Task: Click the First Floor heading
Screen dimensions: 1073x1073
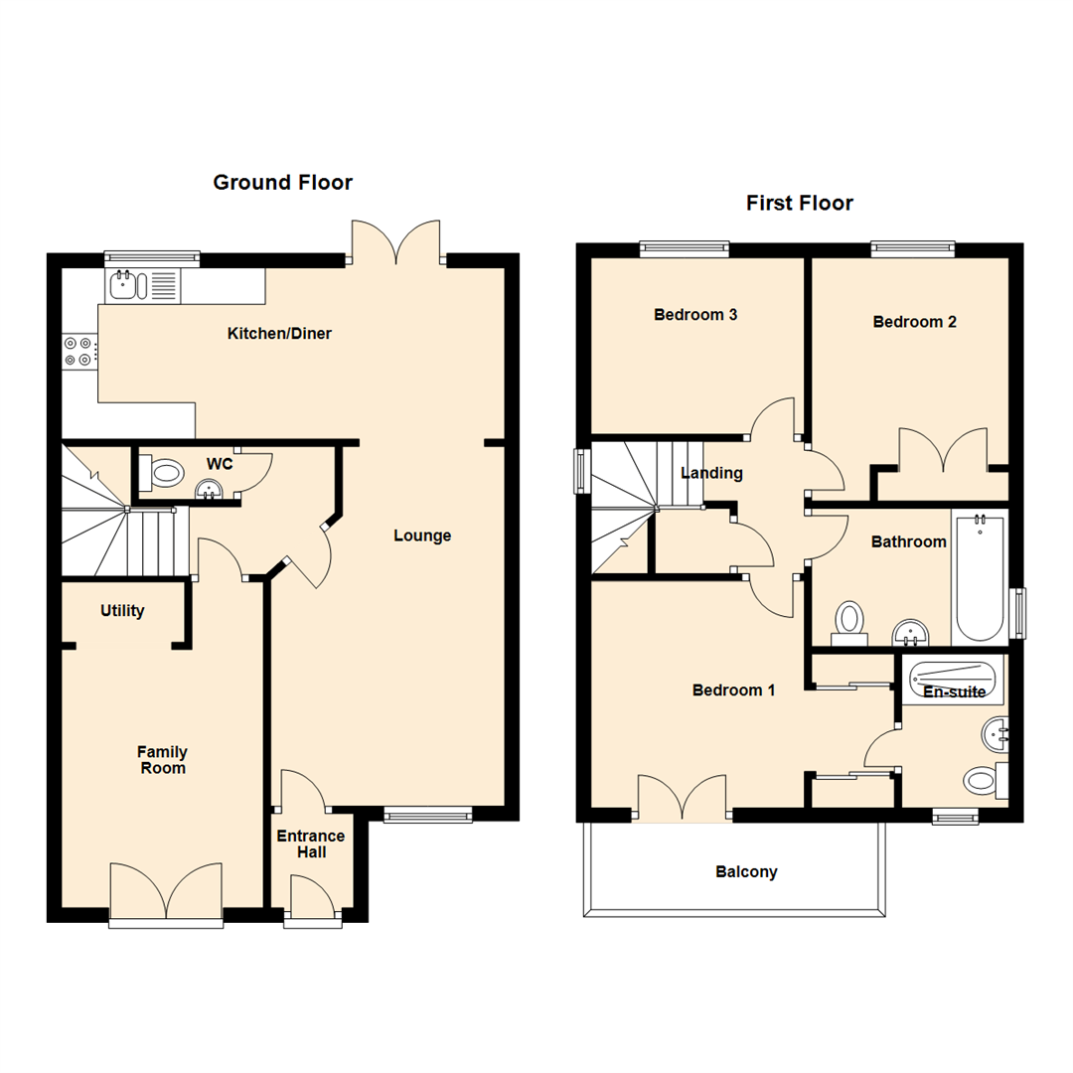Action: (x=799, y=204)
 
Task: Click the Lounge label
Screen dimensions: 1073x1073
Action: (x=422, y=536)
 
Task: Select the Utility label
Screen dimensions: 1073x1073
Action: (x=122, y=611)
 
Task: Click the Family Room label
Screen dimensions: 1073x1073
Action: (x=162, y=760)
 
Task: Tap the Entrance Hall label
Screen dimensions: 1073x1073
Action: (x=311, y=844)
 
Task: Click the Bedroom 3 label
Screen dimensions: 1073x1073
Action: (x=694, y=315)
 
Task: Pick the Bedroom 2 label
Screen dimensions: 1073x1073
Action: (x=914, y=322)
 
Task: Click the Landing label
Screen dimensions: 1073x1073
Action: (x=711, y=473)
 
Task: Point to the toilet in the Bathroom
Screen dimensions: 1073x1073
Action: (x=848, y=621)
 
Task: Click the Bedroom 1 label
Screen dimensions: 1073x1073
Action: (x=733, y=690)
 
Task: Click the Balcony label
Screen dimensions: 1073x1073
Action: (x=746, y=872)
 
